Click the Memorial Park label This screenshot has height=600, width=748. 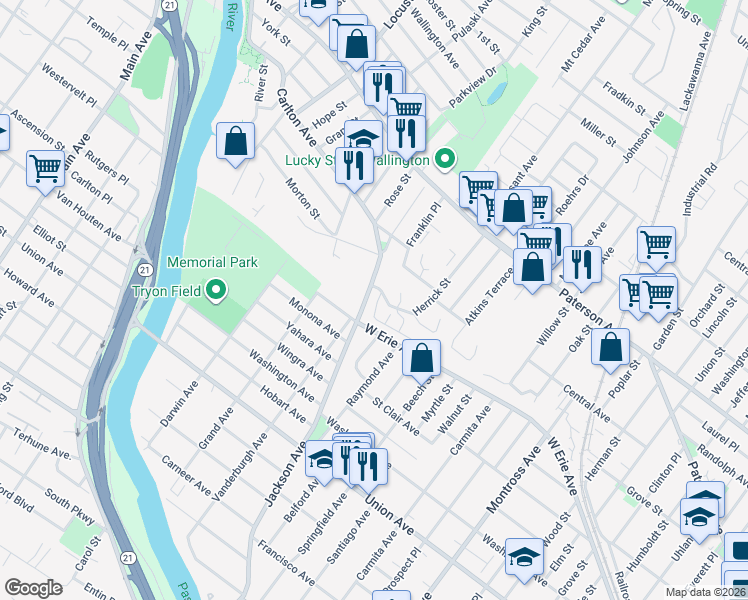[x=212, y=262]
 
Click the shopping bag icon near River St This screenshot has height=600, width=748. [x=235, y=141]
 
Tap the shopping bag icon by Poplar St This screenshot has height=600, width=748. [x=610, y=346]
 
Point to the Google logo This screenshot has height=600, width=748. [x=33, y=587]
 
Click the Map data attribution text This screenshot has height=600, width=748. [x=705, y=592]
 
